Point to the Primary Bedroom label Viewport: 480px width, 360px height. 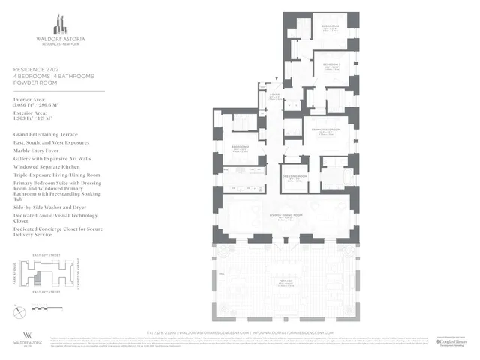pyautogui.click(x=324, y=130)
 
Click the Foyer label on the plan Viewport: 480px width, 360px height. pyautogui.click(x=275, y=96)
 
